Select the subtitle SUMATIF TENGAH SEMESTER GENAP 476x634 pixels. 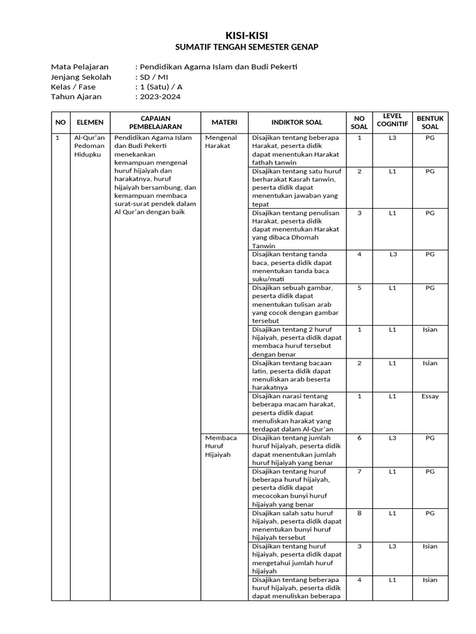pos(237,47)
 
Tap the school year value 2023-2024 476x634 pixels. pos(161,97)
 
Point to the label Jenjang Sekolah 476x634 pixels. pos(81,77)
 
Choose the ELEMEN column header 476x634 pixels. pos(90,123)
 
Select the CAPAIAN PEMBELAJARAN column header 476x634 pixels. pos(156,123)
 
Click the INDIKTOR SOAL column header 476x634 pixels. pos(296,123)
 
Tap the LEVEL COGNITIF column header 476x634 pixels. pos(392,120)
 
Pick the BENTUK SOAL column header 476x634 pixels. pos(430,123)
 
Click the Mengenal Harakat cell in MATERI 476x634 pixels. pos(221,142)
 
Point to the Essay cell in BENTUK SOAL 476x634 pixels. pos(430,396)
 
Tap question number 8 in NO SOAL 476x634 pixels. pos(359,513)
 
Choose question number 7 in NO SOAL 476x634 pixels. pos(359,472)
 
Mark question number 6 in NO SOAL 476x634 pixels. pos(359,438)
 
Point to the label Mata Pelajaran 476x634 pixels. pos(79,67)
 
